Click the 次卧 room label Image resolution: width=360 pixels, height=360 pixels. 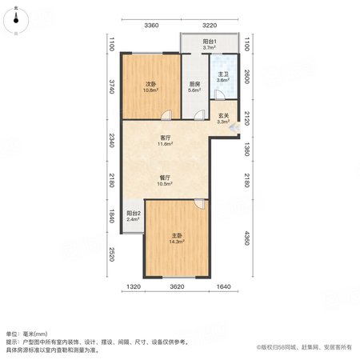point(150,84)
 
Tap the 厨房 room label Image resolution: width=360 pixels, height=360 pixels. point(194,84)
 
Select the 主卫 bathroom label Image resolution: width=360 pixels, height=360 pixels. point(223,74)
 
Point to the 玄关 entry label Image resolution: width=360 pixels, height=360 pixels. point(223,116)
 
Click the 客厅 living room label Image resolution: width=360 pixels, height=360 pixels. point(165,138)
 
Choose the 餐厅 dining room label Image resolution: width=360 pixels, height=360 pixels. point(165,178)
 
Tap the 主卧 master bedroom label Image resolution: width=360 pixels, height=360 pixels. point(177,236)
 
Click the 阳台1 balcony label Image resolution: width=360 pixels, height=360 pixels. point(210,42)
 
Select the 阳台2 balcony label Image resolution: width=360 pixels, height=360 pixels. point(134,214)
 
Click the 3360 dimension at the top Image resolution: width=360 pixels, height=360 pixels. point(151,26)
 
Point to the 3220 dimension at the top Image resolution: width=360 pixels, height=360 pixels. point(210,26)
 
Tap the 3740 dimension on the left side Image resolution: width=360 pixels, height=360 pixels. point(112,86)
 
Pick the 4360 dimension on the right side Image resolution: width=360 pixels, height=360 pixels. point(247,238)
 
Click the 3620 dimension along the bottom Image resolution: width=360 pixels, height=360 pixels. point(177,286)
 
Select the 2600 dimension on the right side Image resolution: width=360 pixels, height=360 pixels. point(247,77)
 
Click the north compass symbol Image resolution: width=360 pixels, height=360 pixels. point(16,21)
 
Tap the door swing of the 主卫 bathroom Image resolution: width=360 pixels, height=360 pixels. point(219,95)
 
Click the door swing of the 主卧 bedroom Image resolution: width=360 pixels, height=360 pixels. point(199,204)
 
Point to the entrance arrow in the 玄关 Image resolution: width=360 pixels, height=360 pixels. point(234,128)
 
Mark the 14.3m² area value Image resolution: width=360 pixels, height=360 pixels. point(177,242)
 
